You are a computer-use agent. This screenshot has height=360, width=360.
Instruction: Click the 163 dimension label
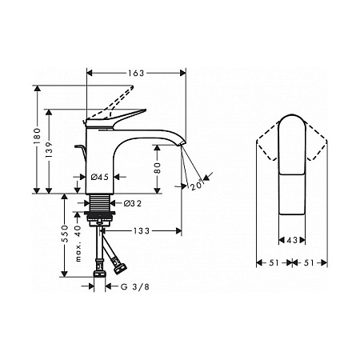[136, 73]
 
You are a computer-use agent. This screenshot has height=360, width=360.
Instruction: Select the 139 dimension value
[49, 150]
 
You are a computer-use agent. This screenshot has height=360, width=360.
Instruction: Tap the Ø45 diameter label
[100, 177]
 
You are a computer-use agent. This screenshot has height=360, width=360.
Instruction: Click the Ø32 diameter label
[133, 203]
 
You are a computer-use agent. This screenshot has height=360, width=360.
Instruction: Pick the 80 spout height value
[158, 168]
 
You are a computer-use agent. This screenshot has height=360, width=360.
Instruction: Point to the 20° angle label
[197, 186]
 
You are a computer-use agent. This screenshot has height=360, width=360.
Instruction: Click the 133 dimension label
[142, 231]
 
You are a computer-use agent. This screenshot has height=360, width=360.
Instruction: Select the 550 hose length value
[65, 234]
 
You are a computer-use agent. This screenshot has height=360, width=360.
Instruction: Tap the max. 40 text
[78, 243]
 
